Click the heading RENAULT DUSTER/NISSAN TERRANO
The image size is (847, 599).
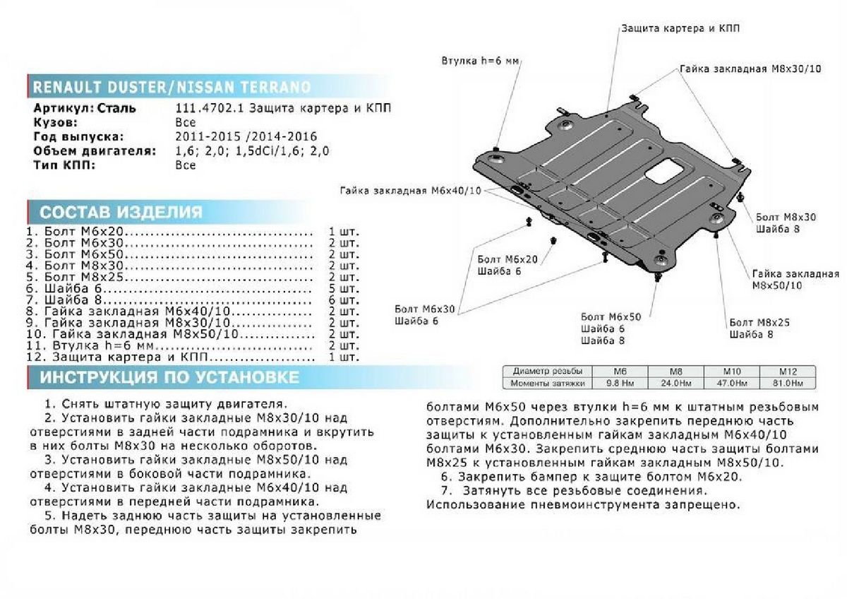coord(172,88)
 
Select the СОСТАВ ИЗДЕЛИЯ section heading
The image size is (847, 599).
coord(120,213)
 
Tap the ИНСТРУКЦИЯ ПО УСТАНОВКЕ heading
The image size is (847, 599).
coord(169,377)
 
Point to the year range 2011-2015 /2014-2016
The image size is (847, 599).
coord(246,136)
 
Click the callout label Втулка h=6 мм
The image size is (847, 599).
coord(480,62)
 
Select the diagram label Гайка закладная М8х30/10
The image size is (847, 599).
coord(751,70)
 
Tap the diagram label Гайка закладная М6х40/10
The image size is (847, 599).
coord(409,191)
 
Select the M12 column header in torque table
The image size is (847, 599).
coord(787,371)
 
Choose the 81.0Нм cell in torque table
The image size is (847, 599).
coord(787,383)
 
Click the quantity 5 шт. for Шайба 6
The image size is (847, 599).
coord(344,289)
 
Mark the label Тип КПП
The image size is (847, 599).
coord(64,165)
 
